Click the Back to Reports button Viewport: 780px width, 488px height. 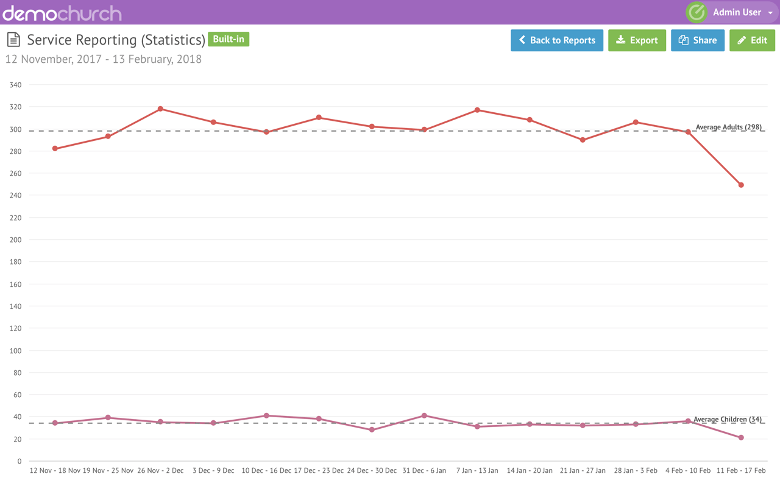(x=557, y=40)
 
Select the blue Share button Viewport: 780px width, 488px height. (x=698, y=40)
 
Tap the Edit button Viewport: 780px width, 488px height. (x=752, y=40)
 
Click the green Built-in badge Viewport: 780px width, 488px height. (x=229, y=39)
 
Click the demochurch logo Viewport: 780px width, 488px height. (x=62, y=13)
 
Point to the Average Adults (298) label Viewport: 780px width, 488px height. (x=728, y=127)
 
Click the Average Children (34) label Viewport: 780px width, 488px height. (x=728, y=419)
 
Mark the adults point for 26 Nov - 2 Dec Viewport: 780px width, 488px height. (x=160, y=109)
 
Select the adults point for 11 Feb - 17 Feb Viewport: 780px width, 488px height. (x=741, y=185)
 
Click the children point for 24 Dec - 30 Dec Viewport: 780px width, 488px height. (x=372, y=430)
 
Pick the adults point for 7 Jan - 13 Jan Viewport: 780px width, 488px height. (x=477, y=110)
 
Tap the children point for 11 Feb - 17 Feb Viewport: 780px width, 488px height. (x=741, y=437)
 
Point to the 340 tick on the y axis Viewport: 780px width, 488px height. (x=15, y=85)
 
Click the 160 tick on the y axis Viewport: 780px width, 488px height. (x=15, y=284)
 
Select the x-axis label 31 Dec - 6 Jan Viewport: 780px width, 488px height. (x=424, y=470)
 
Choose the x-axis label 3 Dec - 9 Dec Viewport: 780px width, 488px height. (x=213, y=470)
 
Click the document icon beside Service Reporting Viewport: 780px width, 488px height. (x=13, y=40)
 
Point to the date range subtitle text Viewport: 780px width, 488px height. (x=104, y=59)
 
